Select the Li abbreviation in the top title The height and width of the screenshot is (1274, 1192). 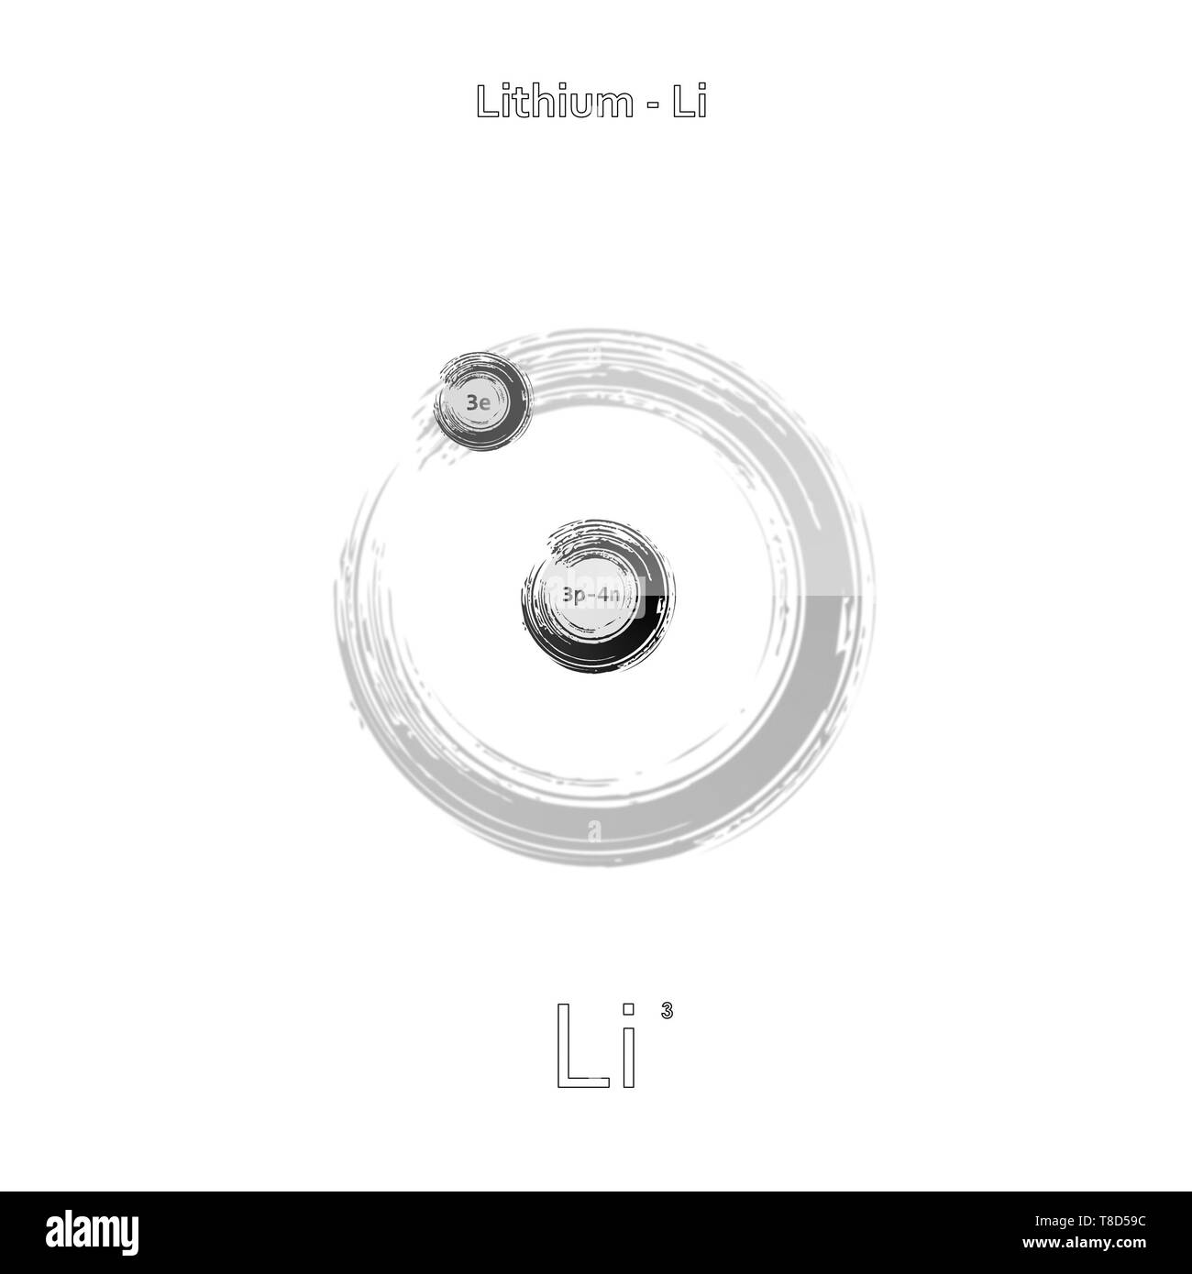(x=689, y=102)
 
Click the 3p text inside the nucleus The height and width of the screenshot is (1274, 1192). (x=575, y=596)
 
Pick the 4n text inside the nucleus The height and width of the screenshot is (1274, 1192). (x=611, y=596)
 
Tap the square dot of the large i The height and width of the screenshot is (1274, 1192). (x=629, y=1010)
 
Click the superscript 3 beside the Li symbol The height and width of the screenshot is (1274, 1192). (x=667, y=1012)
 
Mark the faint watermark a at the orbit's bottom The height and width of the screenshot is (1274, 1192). (x=594, y=831)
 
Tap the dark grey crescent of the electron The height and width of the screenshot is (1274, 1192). (x=513, y=422)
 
